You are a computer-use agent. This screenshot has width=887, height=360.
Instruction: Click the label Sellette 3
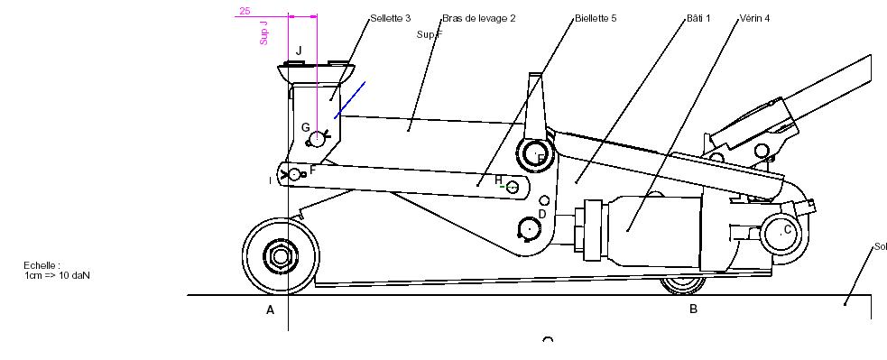tap(391, 18)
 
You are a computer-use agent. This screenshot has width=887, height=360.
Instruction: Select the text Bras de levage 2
tap(478, 18)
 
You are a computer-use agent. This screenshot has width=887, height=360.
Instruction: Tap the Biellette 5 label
tap(596, 18)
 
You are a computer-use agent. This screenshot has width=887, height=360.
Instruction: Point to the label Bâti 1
tap(698, 18)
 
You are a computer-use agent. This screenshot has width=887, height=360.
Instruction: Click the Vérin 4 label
tap(754, 18)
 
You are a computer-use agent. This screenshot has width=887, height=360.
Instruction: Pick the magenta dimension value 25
tap(245, 11)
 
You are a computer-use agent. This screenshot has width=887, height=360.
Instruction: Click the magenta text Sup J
tap(264, 33)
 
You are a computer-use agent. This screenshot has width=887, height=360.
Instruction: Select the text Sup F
tap(430, 34)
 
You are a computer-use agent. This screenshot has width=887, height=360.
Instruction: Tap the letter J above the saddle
tap(300, 51)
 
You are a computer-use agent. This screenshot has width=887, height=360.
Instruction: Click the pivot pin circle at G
tap(318, 138)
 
